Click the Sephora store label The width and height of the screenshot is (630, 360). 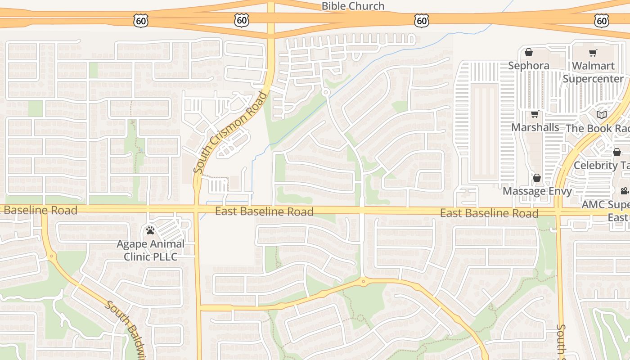[x=529, y=66]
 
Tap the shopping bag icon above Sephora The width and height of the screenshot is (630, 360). [x=529, y=53]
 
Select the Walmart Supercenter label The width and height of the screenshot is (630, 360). [x=593, y=72]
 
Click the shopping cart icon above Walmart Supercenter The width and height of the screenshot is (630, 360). [x=593, y=53]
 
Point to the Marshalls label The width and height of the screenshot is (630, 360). [x=535, y=127]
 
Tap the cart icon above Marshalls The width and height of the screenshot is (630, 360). [x=535, y=114]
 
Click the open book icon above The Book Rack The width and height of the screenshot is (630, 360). [x=602, y=115]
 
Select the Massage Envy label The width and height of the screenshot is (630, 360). [x=537, y=191]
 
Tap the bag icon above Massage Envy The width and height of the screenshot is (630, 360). [x=536, y=178]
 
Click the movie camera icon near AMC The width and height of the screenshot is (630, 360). [x=625, y=191]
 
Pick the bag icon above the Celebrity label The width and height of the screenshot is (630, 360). [x=617, y=152]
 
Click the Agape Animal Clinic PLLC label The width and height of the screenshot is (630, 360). [x=150, y=250]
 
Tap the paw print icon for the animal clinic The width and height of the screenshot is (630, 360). [x=150, y=230]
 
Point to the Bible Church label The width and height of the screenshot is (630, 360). [x=353, y=6]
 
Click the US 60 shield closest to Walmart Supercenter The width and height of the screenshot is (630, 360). [x=601, y=20]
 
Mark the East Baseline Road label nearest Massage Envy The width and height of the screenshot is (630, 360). [x=489, y=213]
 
